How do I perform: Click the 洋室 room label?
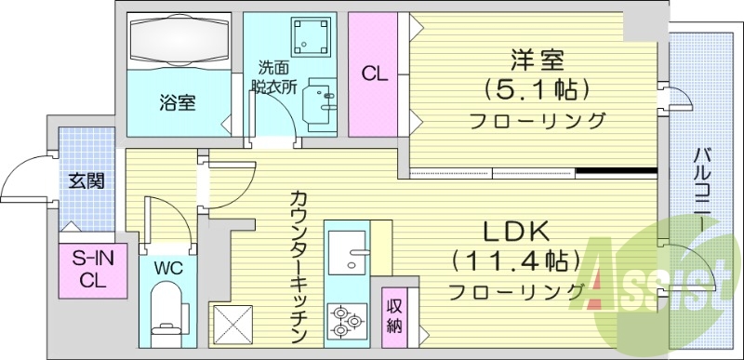coord(538,60)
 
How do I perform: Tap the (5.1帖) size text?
coord(538,90)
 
